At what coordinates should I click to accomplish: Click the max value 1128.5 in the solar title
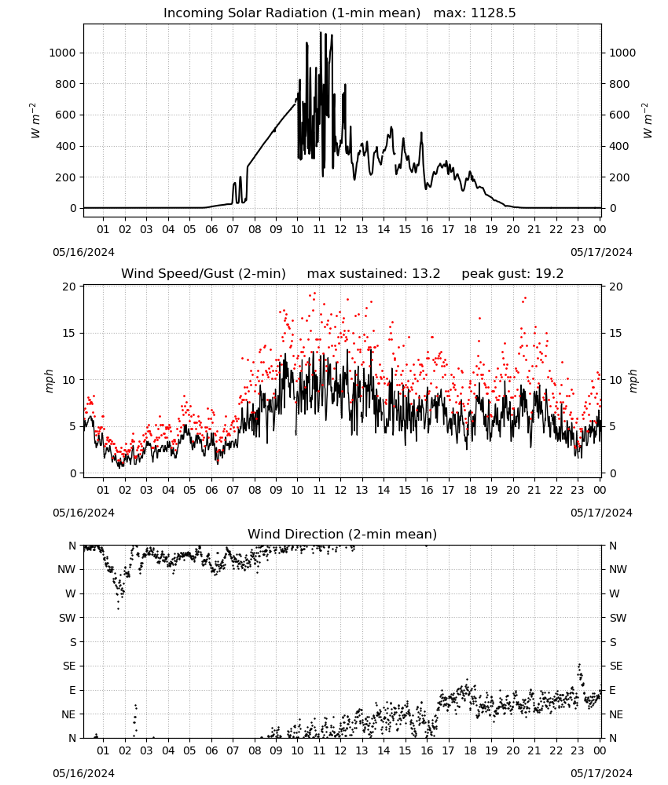point(494,13)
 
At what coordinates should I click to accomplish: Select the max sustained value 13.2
point(426,274)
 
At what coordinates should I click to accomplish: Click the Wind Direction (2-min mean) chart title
point(343,534)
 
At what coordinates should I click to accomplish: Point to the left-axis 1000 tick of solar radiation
point(62,53)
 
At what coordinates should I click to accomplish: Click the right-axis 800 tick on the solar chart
point(619,84)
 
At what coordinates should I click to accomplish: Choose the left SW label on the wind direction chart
point(68,618)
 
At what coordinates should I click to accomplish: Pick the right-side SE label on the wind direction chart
point(616,666)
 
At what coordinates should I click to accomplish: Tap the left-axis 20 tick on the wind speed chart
point(69,287)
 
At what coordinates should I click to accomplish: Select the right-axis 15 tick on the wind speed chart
point(616,333)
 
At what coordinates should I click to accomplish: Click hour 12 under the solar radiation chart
point(340,229)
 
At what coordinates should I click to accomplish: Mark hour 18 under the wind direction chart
point(469,750)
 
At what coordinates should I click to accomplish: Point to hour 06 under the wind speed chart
point(211,490)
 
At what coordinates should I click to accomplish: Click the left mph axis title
point(49,381)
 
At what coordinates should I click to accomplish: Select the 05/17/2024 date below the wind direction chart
point(601,773)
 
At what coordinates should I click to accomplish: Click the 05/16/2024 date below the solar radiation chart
point(83,252)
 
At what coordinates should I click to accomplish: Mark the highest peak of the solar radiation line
point(321,32)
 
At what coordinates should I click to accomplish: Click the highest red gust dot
point(314,294)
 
